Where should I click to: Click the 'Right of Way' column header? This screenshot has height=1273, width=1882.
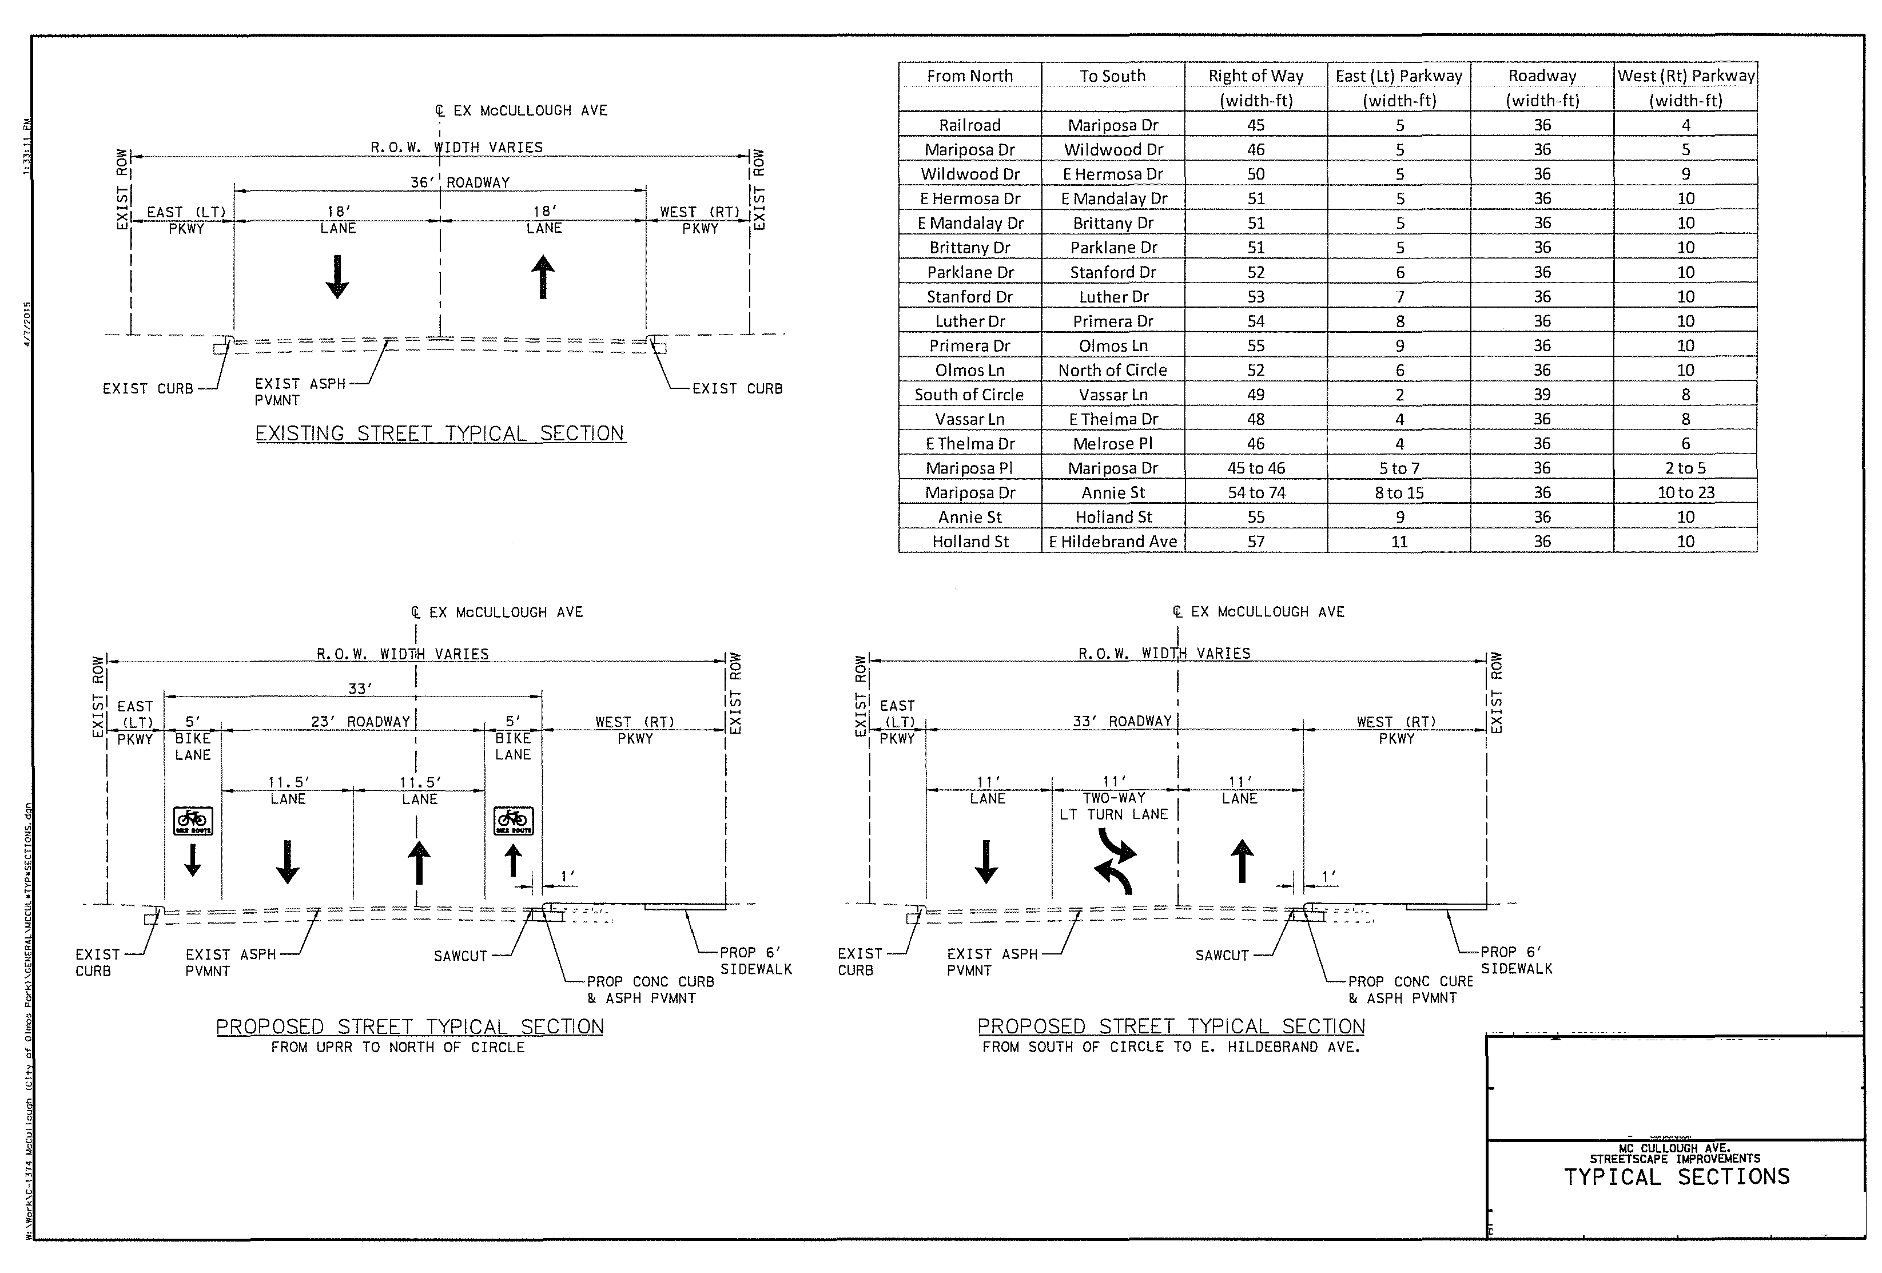click(x=1255, y=76)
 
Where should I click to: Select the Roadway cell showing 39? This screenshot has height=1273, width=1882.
click(x=1542, y=395)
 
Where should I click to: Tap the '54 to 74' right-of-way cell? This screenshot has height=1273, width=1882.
click(x=1255, y=492)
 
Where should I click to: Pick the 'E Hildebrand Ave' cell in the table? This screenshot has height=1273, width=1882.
click(x=1113, y=542)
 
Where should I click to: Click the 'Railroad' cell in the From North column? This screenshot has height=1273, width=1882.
click(x=969, y=125)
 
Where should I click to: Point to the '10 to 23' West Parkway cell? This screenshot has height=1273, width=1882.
click(x=1685, y=492)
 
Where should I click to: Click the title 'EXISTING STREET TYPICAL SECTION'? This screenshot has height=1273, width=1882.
click(x=440, y=434)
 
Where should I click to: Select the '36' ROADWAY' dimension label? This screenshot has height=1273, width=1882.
click(x=459, y=182)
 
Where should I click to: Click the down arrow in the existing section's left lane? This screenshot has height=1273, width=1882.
click(x=337, y=277)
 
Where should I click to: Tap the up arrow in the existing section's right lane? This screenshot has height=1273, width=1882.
click(x=543, y=277)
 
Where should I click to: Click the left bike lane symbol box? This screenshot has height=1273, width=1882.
click(x=193, y=820)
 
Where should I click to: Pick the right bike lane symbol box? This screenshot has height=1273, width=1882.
click(x=514, y=820)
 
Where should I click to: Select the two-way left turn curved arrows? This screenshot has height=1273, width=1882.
click(x=1115, y=865)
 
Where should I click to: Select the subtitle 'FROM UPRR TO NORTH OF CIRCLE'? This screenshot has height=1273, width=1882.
click(x=397, y=1048)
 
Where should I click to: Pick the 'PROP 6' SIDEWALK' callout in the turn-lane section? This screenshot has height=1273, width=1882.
click(x=1516, y=960)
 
